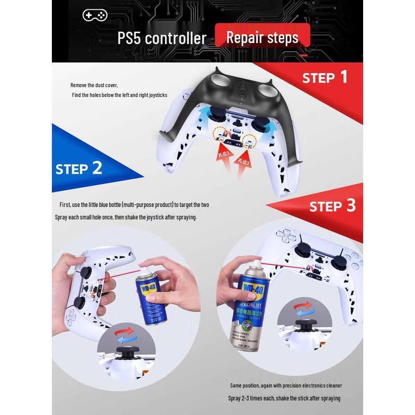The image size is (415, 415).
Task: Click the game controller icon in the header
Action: [x=94, y=15]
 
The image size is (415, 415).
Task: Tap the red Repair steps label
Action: [x=262, y=37]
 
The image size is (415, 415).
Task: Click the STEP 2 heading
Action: [x=78, y=169]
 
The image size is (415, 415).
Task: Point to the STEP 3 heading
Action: [x=332, y=206]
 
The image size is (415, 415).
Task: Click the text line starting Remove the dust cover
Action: [x=94, y=85]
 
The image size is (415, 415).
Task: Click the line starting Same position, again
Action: [x=286, y=385]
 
